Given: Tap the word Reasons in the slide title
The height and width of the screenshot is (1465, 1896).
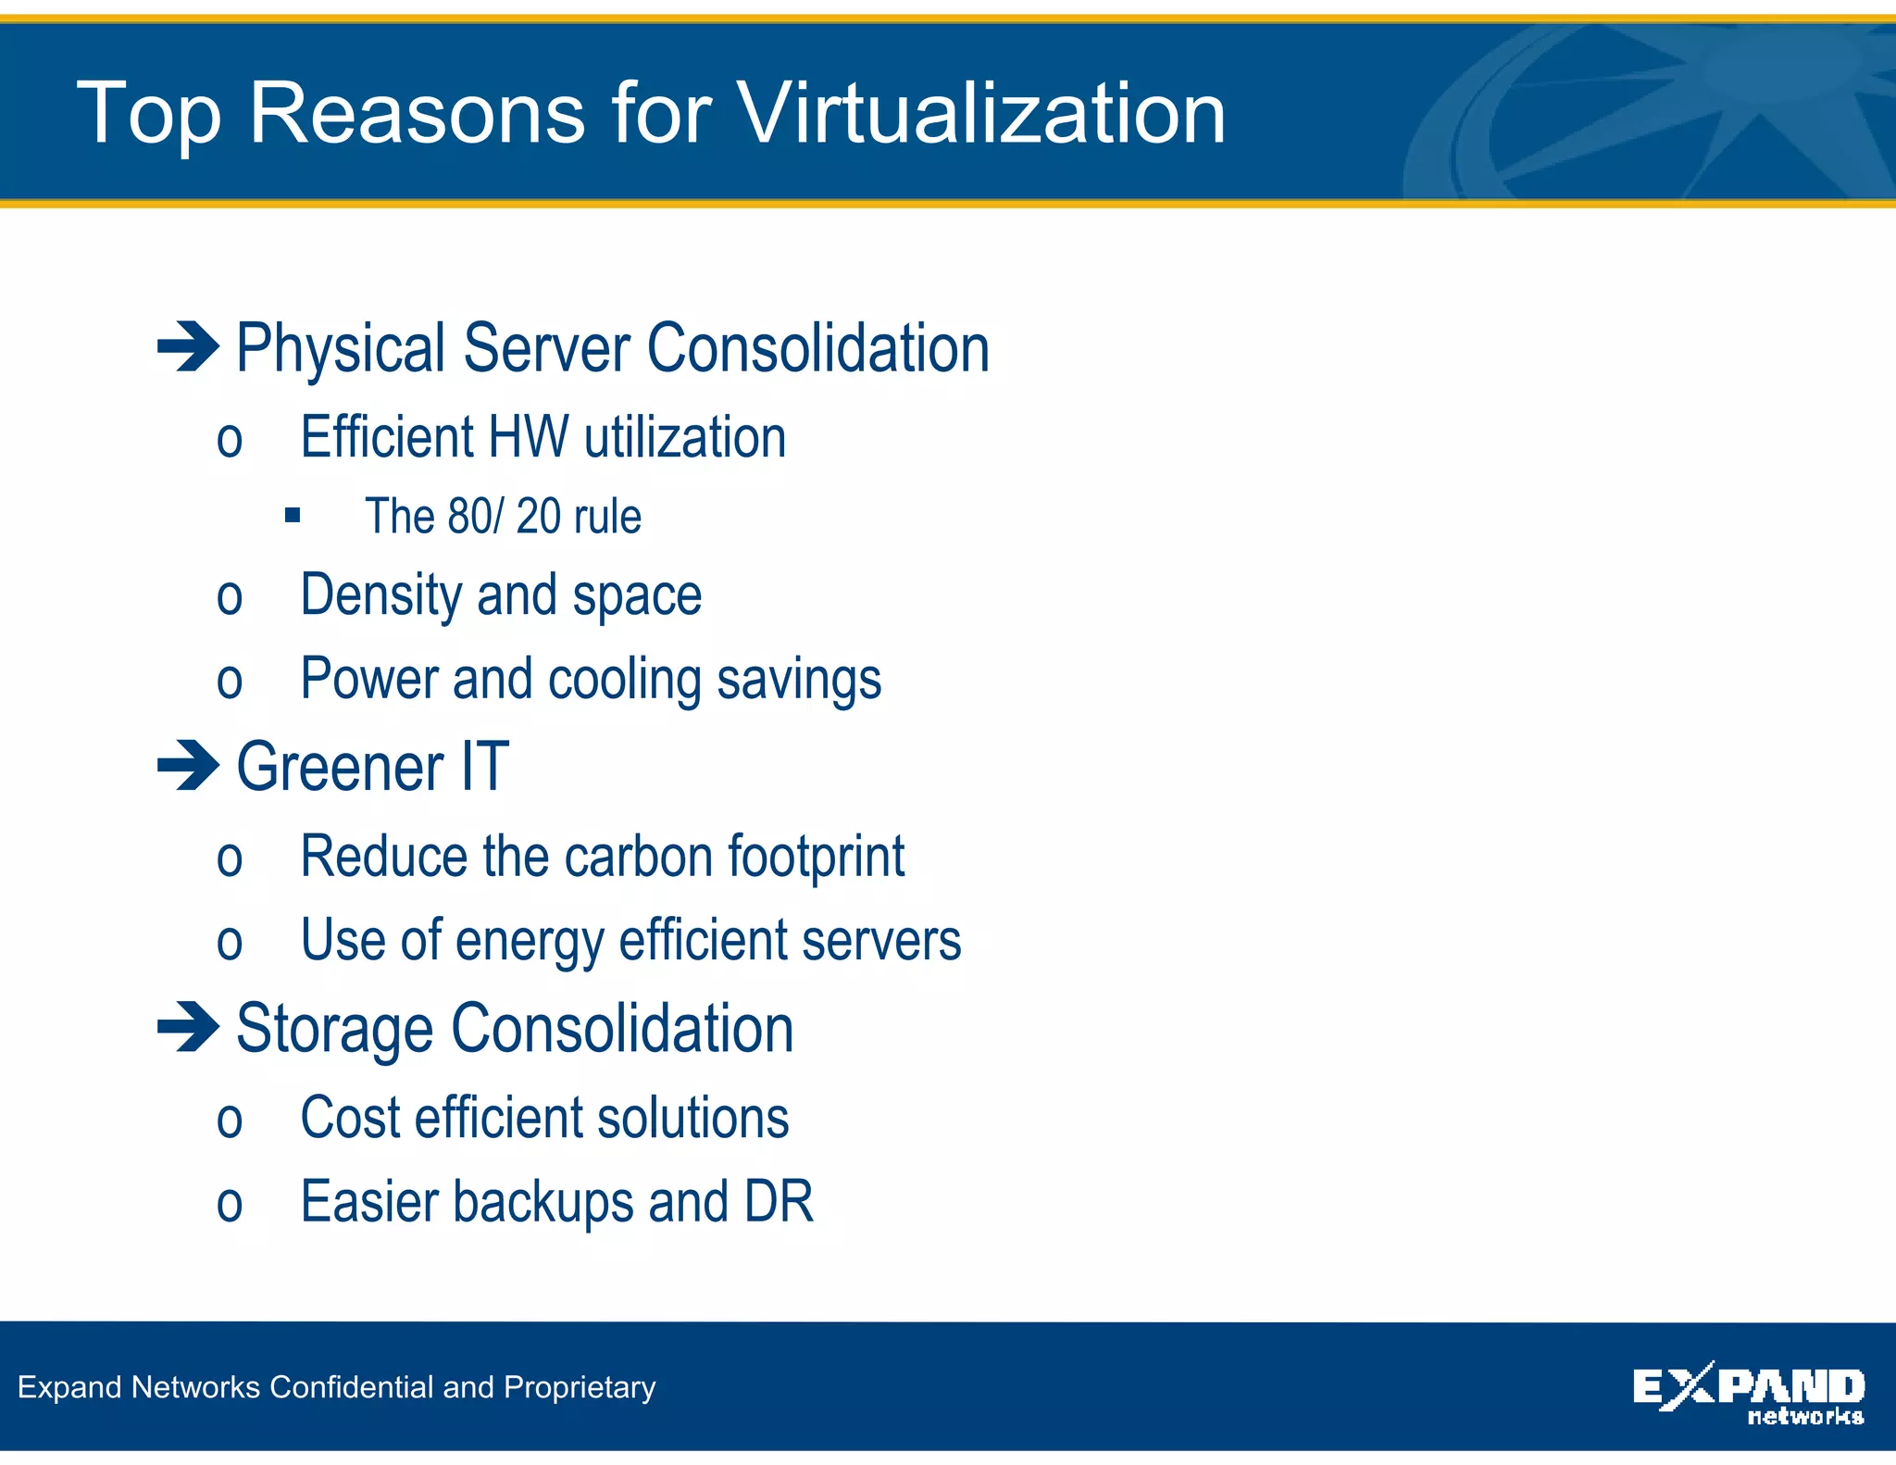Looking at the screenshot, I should click(x=417, y=113).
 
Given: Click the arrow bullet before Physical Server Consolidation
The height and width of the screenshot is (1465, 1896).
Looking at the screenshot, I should click(x=188, y=347).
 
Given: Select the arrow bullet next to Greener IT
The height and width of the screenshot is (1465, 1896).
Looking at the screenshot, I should click(x=188, y=766).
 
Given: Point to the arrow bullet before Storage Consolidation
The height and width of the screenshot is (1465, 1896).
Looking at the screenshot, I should click(x=188, y=1027).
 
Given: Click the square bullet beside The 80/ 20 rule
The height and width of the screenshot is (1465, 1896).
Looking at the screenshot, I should click(x=293, y=515).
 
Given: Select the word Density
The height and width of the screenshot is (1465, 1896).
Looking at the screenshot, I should click(x=380, y=595).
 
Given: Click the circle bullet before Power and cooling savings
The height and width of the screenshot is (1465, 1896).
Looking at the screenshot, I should click(x=230, y=682).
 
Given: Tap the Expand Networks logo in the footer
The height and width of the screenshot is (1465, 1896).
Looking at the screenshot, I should click(x=1748, y=1392).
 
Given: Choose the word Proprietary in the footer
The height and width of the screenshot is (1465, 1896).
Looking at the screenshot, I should click(x=580, y=1387).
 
